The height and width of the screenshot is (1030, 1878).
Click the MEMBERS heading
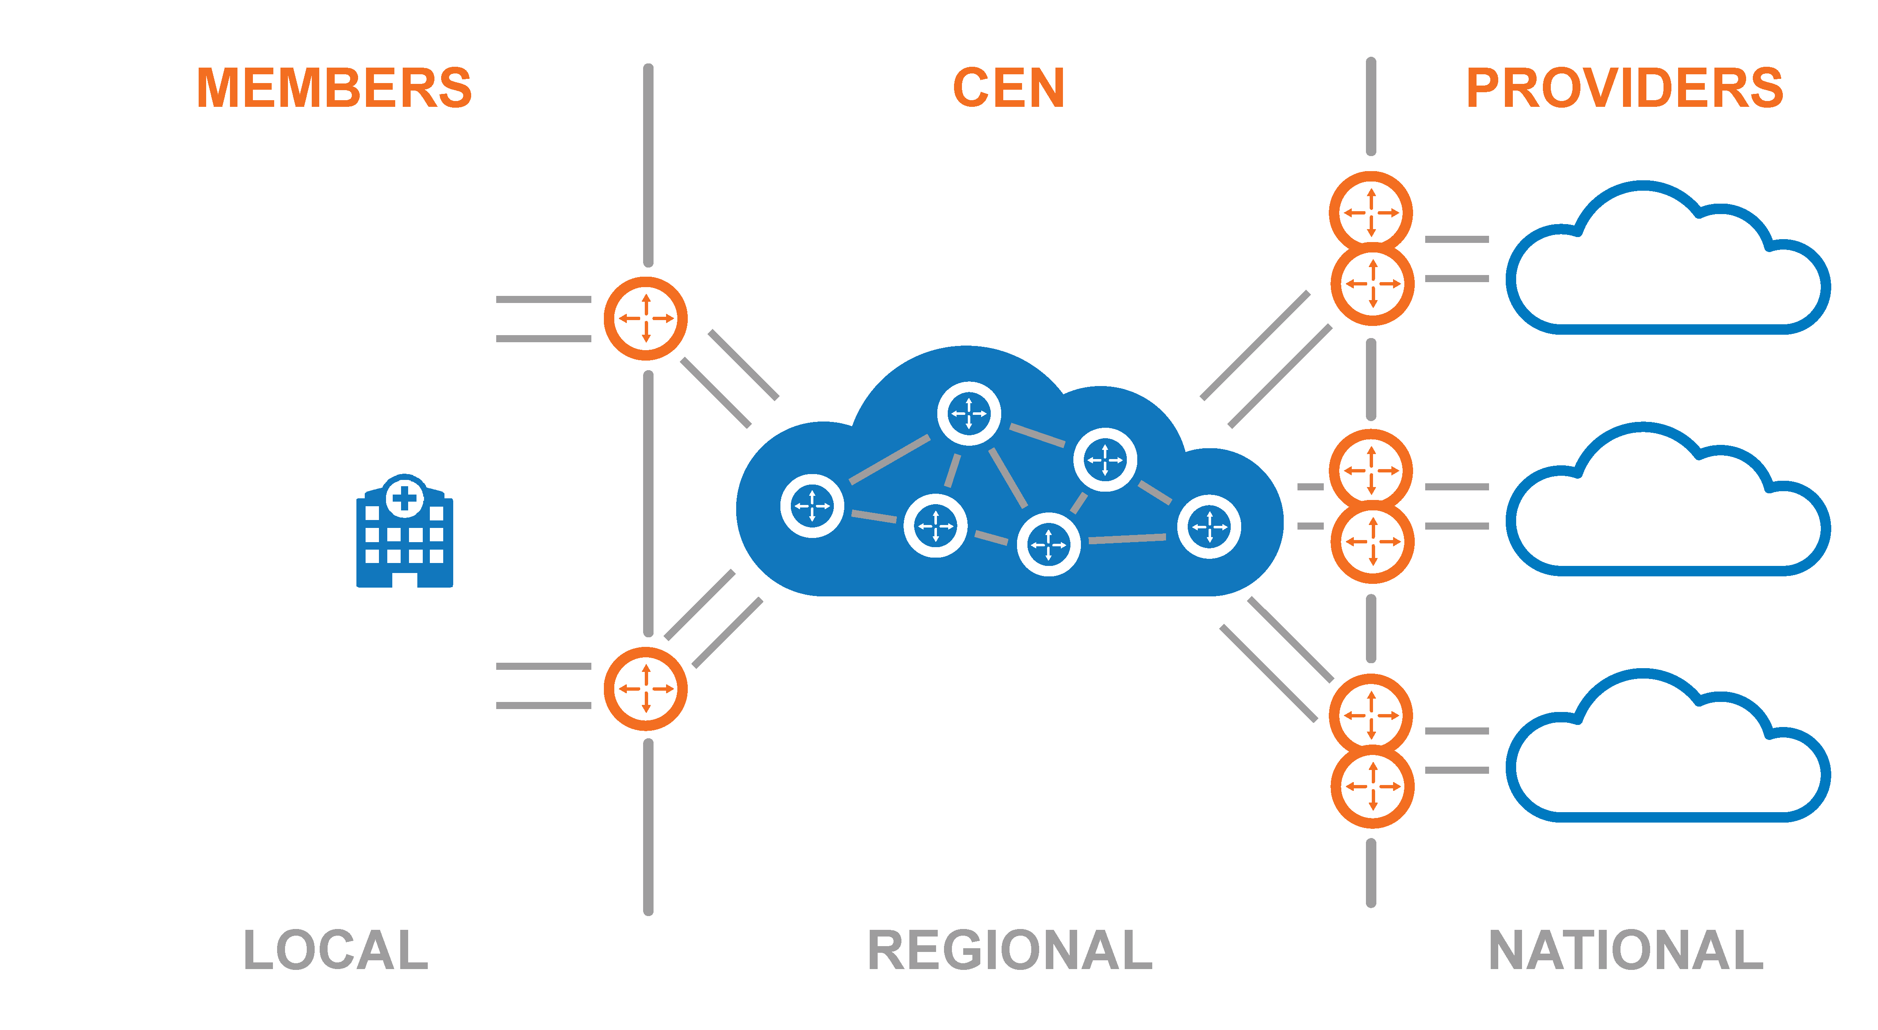[334, 88]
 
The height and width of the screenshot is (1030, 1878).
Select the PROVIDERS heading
[1624, 88]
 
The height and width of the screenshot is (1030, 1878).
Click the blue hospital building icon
[405, 540]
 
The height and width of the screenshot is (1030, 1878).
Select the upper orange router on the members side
[645, 318]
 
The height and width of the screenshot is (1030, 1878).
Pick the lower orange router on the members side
[645, 689]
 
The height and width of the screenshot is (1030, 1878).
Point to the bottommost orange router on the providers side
[1373, 787]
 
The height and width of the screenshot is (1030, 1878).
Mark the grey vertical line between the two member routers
[648, 503]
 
